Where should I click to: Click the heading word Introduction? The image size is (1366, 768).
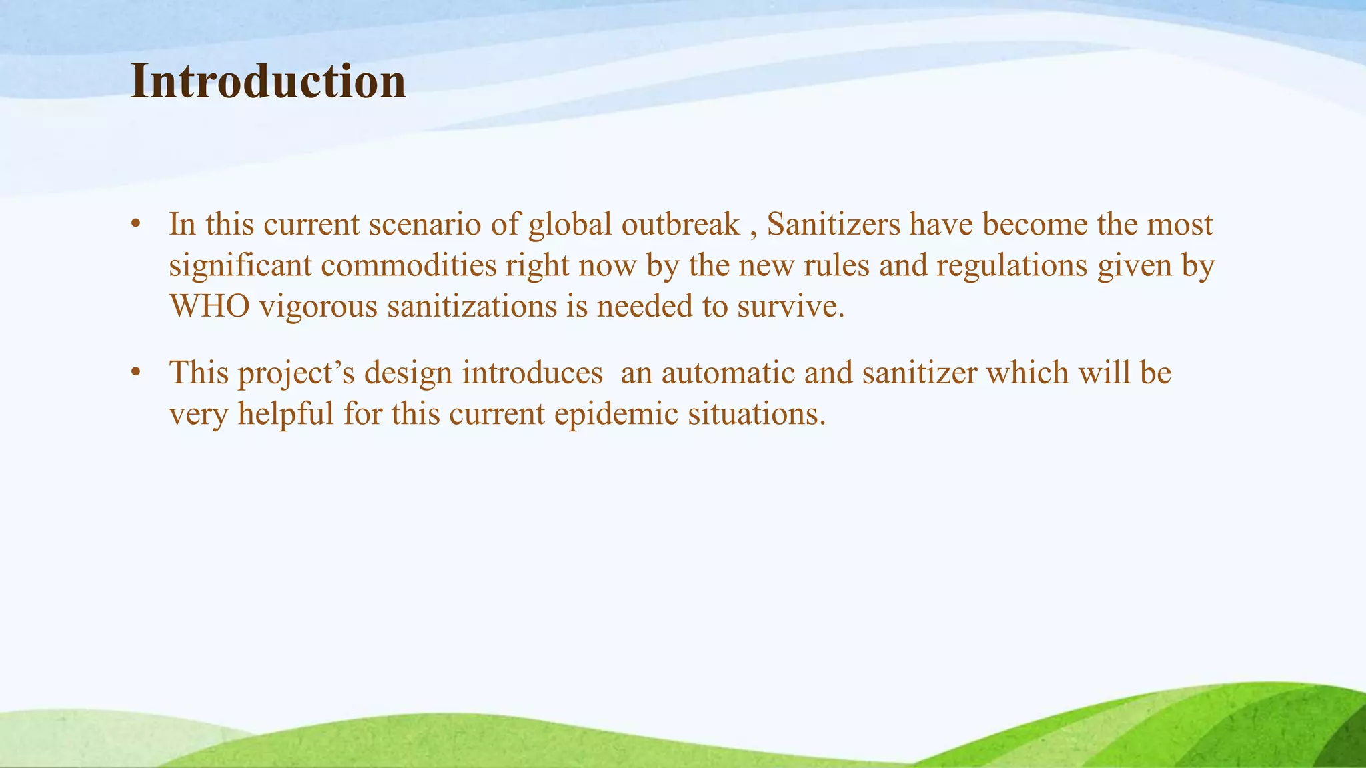tap(268, 81)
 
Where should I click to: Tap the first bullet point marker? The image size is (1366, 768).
tap(136, 224)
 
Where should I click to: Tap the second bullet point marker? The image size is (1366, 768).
tap(136, 372)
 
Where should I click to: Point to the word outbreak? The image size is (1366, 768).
tap(680, 224)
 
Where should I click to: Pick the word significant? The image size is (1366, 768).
tap(241, 265)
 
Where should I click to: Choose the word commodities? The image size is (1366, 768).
tap(409, 265)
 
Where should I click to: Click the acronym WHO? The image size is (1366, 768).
tap(209, 307)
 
